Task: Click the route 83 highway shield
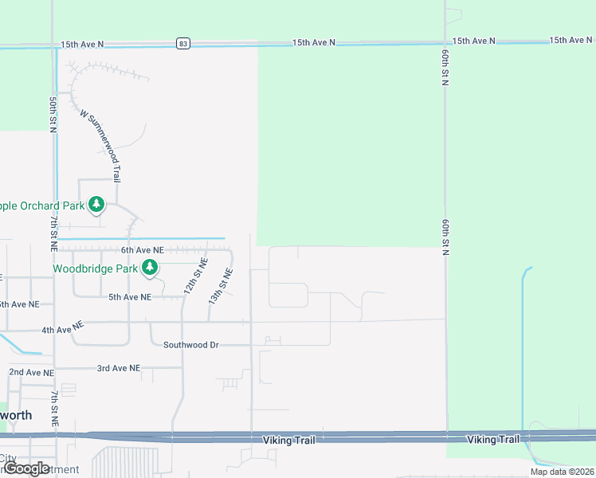(184, 44)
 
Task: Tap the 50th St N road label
(53, 116)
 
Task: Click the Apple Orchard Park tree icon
(96, 206)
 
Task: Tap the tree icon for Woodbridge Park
(149, 268)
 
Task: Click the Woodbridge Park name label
(96, 268)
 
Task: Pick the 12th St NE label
(195, 276)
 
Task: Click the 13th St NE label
(221, 286)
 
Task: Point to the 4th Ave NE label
(63, 328)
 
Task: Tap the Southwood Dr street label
(190, 345)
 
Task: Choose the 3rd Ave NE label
(118, 368)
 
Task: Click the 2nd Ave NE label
(31, 372)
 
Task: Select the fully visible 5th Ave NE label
(129, 297)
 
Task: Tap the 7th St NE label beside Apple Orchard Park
(54, 227)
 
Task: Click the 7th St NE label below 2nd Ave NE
(54, 409)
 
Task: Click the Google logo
(27, 468)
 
